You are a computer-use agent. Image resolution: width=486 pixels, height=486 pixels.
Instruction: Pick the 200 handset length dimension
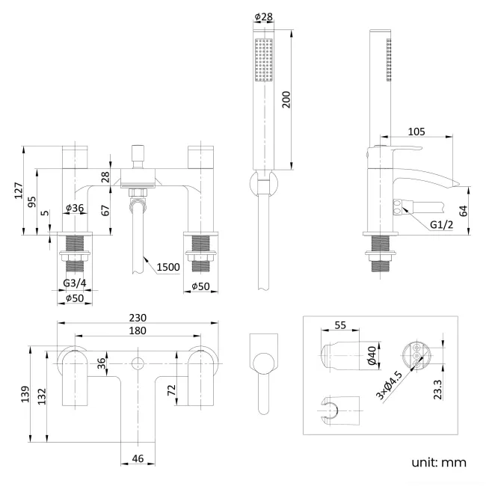coord(286,100)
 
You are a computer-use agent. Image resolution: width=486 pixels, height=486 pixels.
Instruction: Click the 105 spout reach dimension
coord(417,131)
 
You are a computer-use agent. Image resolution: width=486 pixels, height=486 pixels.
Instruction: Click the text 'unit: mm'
coord(438,462)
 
